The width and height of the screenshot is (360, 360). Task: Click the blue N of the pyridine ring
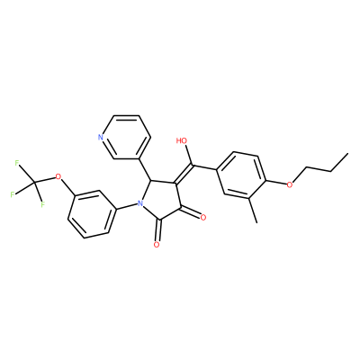click(x=101, y=138)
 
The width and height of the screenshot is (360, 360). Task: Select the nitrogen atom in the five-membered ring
click(x=139, y=203)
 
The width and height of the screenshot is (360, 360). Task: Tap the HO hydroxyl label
click(x=182, y=140)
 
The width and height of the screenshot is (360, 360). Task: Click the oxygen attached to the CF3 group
click(x=58, y=176)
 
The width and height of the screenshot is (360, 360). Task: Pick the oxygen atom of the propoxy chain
click(x=290, y=184)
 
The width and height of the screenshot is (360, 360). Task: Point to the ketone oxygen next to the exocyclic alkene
click(x=203, y=217)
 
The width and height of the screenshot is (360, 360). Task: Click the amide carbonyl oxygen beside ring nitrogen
click(x=156, y=245)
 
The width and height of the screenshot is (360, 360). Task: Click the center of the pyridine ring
click(x=126, y=138)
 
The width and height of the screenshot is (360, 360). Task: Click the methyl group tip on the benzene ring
click(x=256, y=222)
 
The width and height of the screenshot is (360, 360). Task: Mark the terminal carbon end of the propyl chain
click(x=348, y=154)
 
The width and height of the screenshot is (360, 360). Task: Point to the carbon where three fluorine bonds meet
click(x=35, y=182)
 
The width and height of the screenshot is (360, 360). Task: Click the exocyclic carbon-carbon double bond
click(x=184, y=174)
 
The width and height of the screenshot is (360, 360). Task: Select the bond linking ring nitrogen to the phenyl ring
click(x=126, y=207)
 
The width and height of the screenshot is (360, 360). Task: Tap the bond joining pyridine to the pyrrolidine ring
click(x=145, y=169)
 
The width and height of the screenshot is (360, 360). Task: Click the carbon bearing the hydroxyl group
click(x=193, y=165)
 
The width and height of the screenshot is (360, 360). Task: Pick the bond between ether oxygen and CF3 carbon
click(x=46, y=179)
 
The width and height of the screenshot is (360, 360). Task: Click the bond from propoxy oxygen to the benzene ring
click(x=276, y=183)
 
